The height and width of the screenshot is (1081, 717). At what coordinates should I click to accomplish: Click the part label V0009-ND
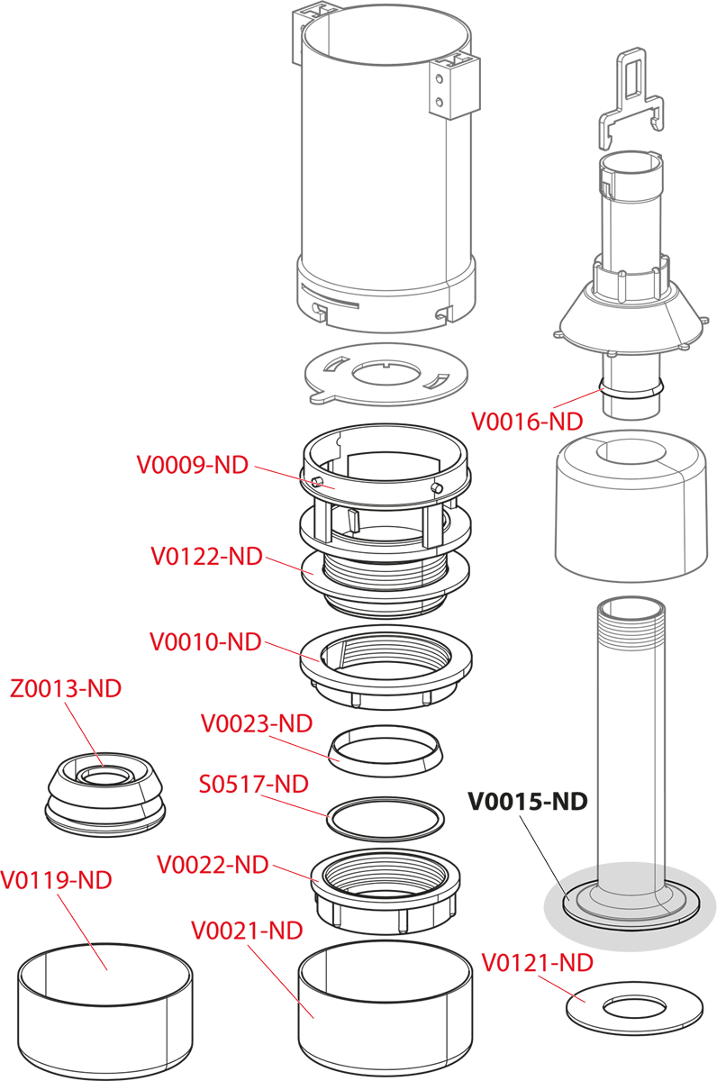[x=192, y=465]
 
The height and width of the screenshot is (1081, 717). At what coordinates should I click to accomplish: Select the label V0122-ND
[x=206, y=556]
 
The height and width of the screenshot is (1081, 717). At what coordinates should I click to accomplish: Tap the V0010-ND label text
[x=205, y=642]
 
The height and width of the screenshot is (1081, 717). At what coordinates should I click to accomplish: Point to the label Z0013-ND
[x=66, y=689]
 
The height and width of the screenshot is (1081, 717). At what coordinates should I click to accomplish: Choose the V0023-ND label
[x=257, y=723]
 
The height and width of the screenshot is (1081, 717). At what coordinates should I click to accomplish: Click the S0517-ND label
[x=253, y=784]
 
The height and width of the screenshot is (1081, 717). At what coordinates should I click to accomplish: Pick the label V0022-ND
[x=213, y=865]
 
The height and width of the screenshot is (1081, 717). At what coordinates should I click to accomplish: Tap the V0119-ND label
[x=57, y=880]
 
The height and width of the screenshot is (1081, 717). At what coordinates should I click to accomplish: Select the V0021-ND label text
[x=247, y=930]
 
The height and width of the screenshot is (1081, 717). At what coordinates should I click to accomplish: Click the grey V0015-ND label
[x=527, y=801]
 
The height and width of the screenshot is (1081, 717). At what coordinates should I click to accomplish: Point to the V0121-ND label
[x=538, y=963]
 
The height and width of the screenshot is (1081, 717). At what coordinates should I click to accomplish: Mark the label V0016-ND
[x=527, y=421]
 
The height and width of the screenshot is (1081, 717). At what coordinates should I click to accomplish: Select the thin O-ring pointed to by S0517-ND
[x=386, y=819]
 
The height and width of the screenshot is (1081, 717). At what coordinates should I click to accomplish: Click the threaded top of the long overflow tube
[x=630, y=622]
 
